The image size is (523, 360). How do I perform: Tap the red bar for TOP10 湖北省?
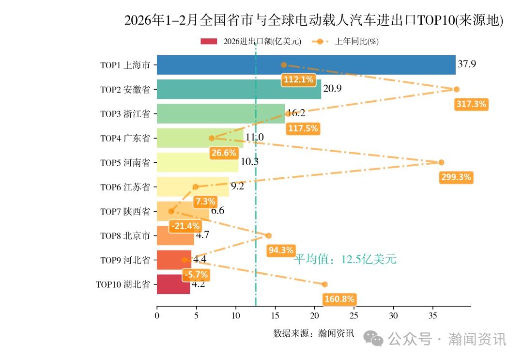pos(173,284)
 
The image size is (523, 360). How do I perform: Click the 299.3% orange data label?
pos(456,177)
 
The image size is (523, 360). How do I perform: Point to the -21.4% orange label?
pos(185,226)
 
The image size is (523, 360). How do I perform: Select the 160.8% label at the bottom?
pos(339,299)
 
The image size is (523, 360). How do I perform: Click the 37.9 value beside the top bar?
pos(466,64)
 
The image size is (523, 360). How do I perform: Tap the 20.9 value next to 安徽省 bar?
pos(332,89)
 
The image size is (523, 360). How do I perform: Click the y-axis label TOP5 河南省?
pos(125,163)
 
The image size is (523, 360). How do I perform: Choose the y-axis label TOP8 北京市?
pos(125,236)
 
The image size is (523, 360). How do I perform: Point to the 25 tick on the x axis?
pos(354,315)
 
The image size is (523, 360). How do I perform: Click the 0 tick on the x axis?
pos(157,315)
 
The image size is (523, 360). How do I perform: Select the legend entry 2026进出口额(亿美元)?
pos(252,42)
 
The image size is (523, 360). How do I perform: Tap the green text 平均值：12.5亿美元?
pos(346,260)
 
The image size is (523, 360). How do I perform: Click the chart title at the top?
pos(314,20)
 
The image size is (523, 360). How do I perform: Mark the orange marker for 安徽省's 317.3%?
pos(456,89)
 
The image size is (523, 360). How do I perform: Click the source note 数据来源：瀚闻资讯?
pos(313,333)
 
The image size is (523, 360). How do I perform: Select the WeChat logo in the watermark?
pos(374,339)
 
